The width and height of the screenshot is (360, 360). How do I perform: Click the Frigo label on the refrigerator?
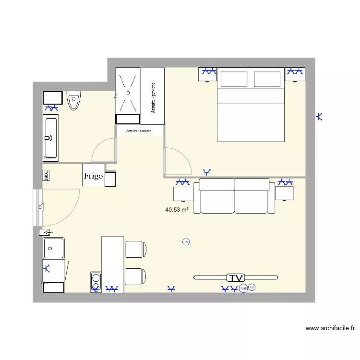93,176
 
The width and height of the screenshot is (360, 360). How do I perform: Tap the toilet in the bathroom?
73,100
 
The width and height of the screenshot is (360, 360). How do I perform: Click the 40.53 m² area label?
176,210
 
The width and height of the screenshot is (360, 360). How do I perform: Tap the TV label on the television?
236,277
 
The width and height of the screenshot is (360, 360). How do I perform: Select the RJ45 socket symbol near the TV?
243,288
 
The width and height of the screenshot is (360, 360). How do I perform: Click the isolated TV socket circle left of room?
186,242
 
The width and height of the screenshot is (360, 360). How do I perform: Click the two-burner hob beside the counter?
96,282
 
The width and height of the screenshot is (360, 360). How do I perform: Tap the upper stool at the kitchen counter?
135,249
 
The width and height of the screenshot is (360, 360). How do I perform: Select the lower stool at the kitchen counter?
135,276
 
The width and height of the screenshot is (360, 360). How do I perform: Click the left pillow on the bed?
234,79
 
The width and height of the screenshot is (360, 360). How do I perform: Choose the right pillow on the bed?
266,79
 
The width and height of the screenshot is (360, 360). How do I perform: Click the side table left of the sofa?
183,193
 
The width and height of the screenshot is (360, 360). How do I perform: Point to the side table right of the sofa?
284,193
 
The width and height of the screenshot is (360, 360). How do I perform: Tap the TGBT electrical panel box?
46,175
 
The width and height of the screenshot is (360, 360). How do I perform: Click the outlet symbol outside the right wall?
320,116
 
